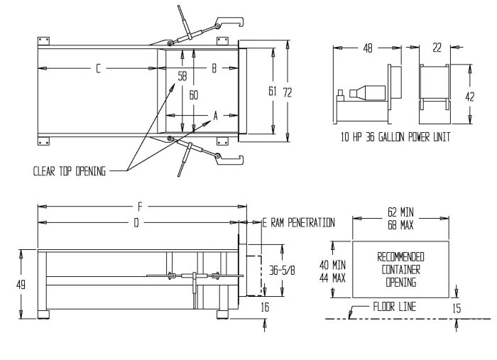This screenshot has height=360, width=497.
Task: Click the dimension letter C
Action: point(99,68)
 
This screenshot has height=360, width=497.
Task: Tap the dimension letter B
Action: point(214,68)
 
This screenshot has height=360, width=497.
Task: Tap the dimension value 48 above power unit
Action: point(368,48)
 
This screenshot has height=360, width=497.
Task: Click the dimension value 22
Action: point(436,48)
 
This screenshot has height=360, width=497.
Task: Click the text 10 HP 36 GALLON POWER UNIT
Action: point(395,136)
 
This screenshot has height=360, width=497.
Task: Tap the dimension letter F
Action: point(141,207)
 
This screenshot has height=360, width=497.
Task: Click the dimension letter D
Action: point(137,223)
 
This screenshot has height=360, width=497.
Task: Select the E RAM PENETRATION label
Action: point(298,223)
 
